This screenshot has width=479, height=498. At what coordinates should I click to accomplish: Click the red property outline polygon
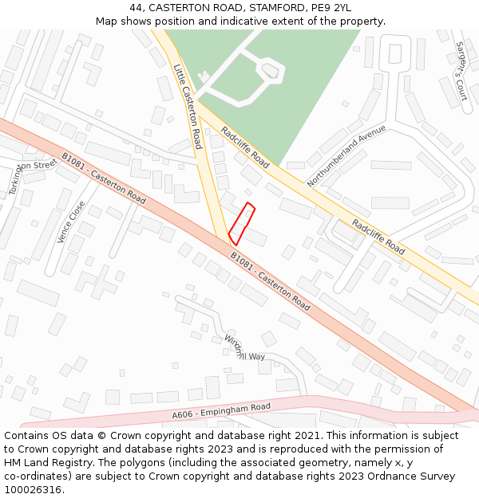point(242,224)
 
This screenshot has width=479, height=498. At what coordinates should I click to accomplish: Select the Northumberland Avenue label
point(346,155)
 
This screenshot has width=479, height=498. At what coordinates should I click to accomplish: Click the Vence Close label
point(71,222)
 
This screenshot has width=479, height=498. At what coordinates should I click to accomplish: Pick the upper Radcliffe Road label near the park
point(245,147)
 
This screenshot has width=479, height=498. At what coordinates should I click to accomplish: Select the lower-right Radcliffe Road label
point(378,237)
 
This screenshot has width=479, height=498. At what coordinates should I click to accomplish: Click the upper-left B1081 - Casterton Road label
point(104,178)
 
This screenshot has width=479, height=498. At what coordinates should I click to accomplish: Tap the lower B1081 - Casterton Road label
point(270,281)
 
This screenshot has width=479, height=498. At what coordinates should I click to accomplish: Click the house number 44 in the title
point(137,7)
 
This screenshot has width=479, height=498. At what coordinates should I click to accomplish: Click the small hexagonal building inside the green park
point(271,72)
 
